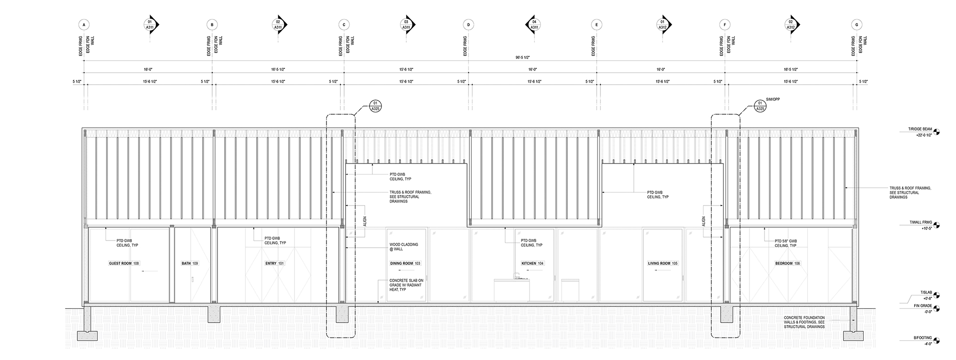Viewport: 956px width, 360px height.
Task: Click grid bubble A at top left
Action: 84,24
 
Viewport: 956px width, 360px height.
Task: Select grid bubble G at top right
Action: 856,24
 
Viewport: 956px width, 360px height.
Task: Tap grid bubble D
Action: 468,24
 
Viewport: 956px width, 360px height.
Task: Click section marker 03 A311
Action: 406,24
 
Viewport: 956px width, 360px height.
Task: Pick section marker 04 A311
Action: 534,24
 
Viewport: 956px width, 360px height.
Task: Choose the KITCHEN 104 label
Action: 532,263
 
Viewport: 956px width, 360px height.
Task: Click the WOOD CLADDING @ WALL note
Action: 403,247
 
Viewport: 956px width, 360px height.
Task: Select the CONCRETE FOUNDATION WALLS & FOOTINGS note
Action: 804,322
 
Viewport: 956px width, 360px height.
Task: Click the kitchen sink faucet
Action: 516,274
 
